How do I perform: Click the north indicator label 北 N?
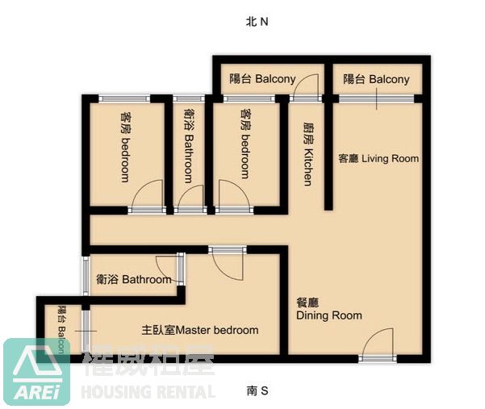pos(256,23)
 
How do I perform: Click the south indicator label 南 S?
pos(257,391)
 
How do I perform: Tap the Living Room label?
pos(378,158)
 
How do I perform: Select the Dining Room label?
pos(328,309)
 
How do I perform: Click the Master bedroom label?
pos(199,330)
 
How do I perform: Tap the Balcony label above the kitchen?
pos(262,79)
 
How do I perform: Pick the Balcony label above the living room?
pos(376,79)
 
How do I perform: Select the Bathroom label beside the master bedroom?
pos(133,280)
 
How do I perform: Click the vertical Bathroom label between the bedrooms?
pos(188,146)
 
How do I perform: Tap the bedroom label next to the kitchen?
pos(245,144)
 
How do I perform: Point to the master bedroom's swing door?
pos(227,262)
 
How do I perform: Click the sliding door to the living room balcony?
pos(377,98)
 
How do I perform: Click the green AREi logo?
pos(36,370)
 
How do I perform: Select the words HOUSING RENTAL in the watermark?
pos(148,392)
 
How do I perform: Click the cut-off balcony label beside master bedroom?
pos(62,330)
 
